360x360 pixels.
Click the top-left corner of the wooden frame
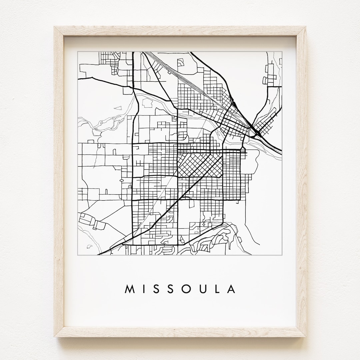click(x=54, y=26)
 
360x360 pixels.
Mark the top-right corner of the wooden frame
click(x=306, y=26)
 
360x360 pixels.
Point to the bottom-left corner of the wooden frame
click(x=54, y=337)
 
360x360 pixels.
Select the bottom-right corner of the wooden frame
click(x=306, y=337)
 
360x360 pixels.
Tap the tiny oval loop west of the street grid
click(x=121, y=180)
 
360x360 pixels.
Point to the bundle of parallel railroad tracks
click(x=187, y=80)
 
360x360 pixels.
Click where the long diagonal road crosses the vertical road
click(x=178, y=200)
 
